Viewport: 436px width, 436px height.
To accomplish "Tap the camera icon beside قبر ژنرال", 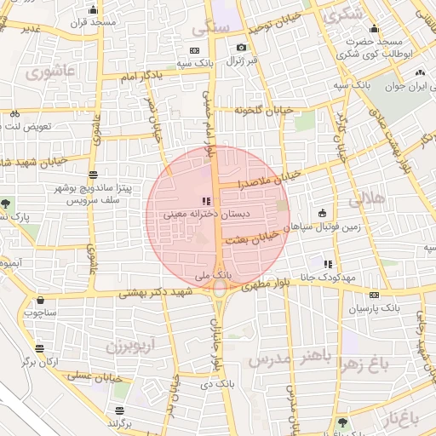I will coord(242,48).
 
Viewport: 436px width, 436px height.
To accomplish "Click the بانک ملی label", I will coord(213,276).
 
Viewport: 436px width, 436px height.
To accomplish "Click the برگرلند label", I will coord(121,422).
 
